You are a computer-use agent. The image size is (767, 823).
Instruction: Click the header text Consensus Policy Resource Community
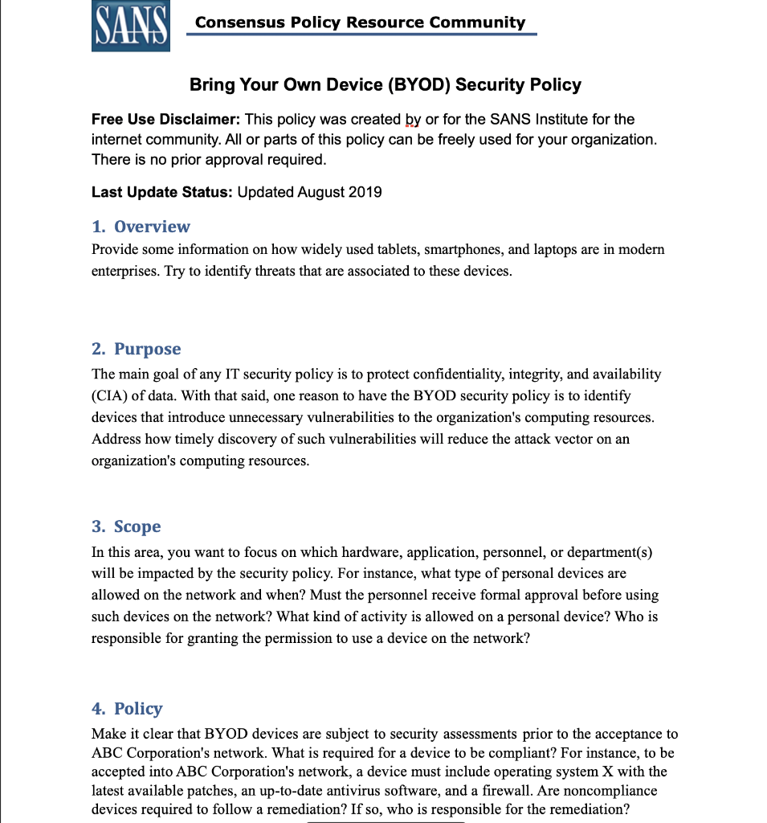(x=360, y=23)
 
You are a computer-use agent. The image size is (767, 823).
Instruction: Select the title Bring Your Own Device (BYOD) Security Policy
(x=385, y=85)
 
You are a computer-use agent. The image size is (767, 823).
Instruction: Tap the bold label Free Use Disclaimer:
(x=166, y=120)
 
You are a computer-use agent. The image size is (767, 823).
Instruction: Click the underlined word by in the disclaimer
(x=413, y=120)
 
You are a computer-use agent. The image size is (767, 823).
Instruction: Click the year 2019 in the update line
(x=365, y=192)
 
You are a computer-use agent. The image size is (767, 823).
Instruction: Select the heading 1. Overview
(x=141, y=227)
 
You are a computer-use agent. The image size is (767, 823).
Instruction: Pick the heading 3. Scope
(x=126, y=526)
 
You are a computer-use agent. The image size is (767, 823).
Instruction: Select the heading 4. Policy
(x=127, y=709)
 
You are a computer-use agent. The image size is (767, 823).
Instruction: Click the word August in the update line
(x=320, y=192)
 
